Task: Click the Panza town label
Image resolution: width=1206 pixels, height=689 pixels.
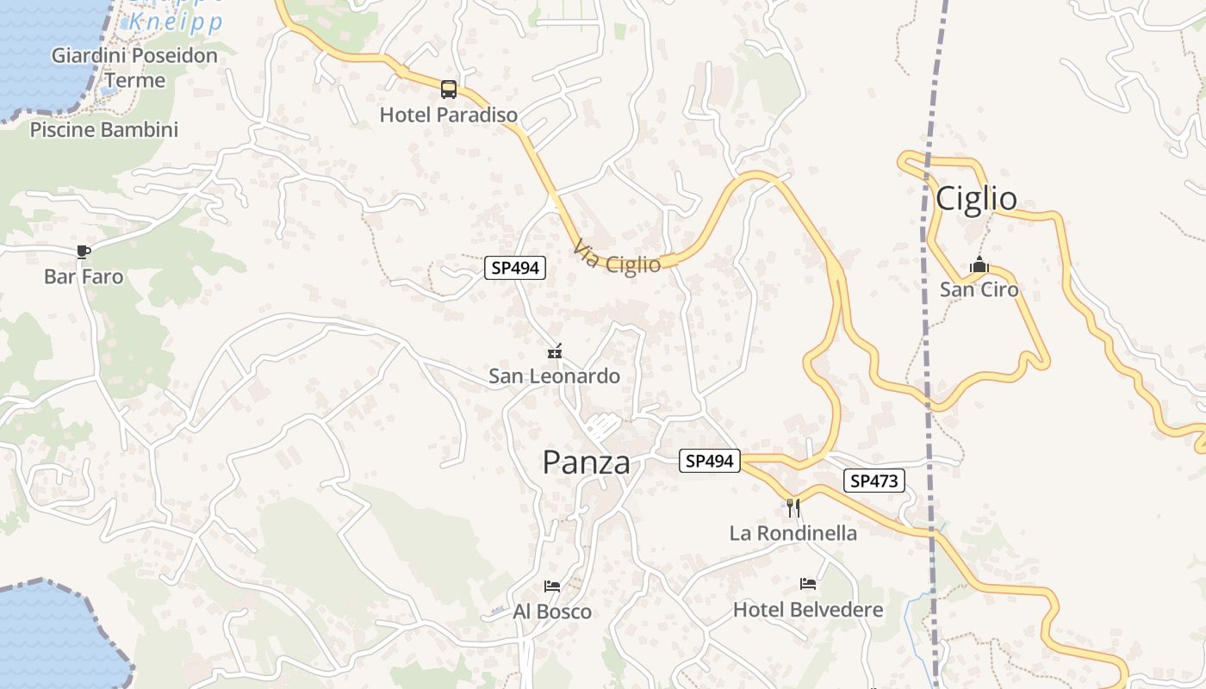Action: (586, 463)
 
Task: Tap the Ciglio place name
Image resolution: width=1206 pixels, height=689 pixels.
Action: (976, 199)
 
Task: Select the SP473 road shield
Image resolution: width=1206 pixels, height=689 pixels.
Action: (874, 481)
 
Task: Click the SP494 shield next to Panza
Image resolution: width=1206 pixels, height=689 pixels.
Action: (710, 462)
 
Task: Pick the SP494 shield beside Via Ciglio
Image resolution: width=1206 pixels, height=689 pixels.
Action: (515, 268)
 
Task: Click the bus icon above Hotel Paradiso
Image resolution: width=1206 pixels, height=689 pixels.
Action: (449, 89)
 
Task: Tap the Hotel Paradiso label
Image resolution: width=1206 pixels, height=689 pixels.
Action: (449, 115)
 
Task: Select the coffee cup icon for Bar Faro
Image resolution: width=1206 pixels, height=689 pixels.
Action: (83, 251)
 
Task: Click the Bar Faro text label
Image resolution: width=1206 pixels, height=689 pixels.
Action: (84, 277)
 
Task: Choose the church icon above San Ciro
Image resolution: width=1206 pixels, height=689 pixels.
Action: (979, 264)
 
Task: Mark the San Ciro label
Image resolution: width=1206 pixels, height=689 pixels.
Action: (979, 289)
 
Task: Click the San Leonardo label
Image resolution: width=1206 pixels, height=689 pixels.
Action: (554, 376)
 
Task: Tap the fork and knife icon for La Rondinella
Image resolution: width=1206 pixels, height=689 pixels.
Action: (793, 507)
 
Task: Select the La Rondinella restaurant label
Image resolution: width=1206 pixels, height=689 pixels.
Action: (793, 533)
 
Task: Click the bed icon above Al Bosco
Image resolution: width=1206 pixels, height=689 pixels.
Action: (552, 587)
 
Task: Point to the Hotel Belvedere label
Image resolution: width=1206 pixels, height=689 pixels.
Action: (808, 610)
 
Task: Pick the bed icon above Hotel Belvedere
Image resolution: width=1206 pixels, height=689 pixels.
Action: (808, 584)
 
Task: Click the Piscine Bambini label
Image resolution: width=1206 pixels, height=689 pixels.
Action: (104, 130)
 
